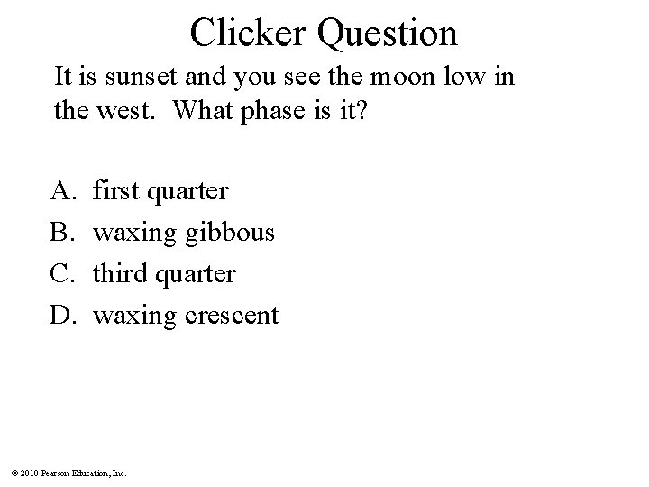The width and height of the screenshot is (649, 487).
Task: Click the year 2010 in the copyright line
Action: (30, 473)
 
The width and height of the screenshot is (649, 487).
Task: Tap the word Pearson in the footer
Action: (56, 473)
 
